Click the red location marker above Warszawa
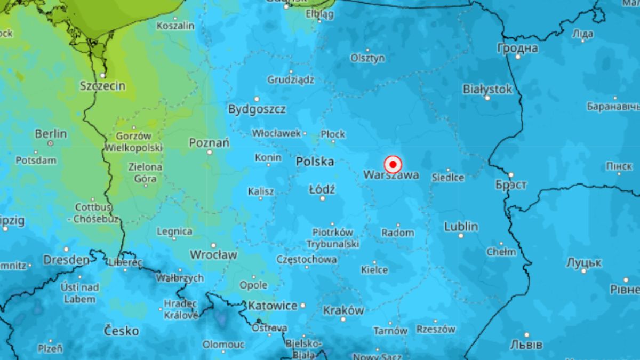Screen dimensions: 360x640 pyautogui.click(x=393, y=164)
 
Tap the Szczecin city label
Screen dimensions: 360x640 pyautogui.click(x=102, y=86)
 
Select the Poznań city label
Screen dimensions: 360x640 pyautogui.click(x=209, y=142)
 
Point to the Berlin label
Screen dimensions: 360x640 pyautogui.click(x=51, y=133)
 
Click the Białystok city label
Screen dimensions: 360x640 pyautogui.click(x=487, y=89)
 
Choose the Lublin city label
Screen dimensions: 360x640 pyautogui.click(x=461, y=227)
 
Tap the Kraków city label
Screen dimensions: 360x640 pyautogui.click(x=343, y=310)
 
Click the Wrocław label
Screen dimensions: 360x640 pyautogui.click(x=213, y=255)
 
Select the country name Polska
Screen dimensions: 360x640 pyautogui.click(x=315, y=162)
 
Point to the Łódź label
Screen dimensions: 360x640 pyautogui.click(x=322, y=189)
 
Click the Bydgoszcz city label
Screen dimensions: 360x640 pyautogui.click(x=257, y=109)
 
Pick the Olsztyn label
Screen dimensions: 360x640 pyautogui.click(x=367, y=58)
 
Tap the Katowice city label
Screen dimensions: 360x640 pyautogui.click(x=273, y=306)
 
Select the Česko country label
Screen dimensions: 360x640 pyautogui.click(x=121, y=331)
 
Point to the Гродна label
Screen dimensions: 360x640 pyautogui.click(x=517, y=48)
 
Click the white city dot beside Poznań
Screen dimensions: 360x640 pyautogui.click(x=210, y=152)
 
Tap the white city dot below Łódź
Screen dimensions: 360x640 pyautogui.click(x=322, y=198)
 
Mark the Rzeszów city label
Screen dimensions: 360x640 pyautogui.click(x=436, y=329)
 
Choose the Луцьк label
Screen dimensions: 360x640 pyautogui.click(x=584, y=263)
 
